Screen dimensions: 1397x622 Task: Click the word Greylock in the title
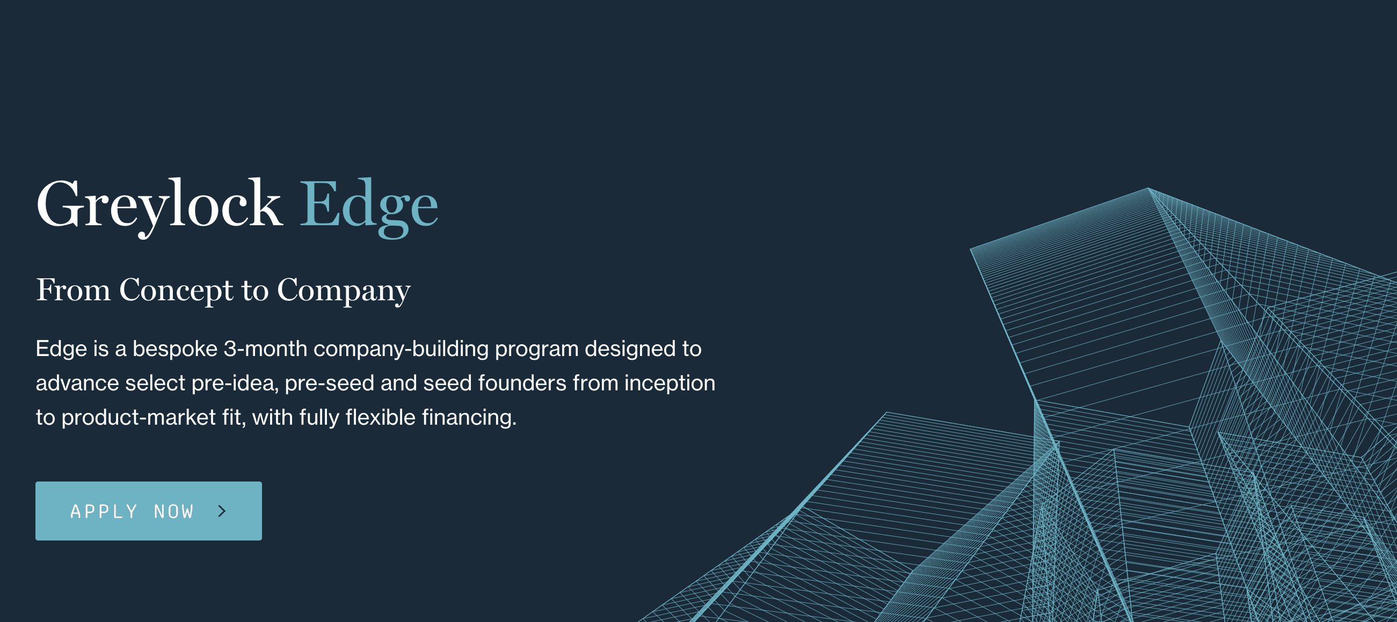[x=159, y=206]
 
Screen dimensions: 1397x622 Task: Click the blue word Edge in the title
[x=369, y=206]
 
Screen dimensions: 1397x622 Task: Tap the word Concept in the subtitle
[x=177, y=291]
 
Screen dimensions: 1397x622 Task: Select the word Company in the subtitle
[x=344, y=291]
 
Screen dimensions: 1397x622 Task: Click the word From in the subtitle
[x=73, y=290]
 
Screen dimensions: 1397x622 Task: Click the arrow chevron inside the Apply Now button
[x=222, y=511]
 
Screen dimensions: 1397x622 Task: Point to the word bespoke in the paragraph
[x=175, y=349]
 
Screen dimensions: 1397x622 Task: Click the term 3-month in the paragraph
[x=266, y=349]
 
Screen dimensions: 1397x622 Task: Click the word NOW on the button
[x=174, y=512]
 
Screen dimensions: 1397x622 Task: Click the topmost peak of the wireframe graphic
[x=1148, y=188]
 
